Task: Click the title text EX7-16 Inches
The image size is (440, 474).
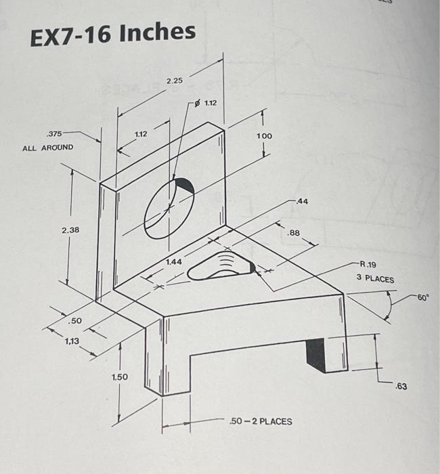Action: tap(113, 33)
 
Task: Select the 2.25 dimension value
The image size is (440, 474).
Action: tap(175, 81)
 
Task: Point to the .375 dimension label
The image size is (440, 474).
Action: tap(53, 133)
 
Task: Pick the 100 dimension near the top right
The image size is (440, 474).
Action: tap(264, 136)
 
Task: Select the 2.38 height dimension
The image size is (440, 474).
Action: tap(70, 230)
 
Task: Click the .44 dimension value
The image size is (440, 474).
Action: tap(301, 202)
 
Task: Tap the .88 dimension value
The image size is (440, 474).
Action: tap(294, 233)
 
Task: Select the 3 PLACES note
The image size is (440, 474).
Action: tap(375, 279)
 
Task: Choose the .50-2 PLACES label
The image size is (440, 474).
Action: tap(261, 421)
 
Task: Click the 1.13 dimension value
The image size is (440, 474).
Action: tap(72, 342)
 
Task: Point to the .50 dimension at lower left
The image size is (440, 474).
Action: tap(76, 320)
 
